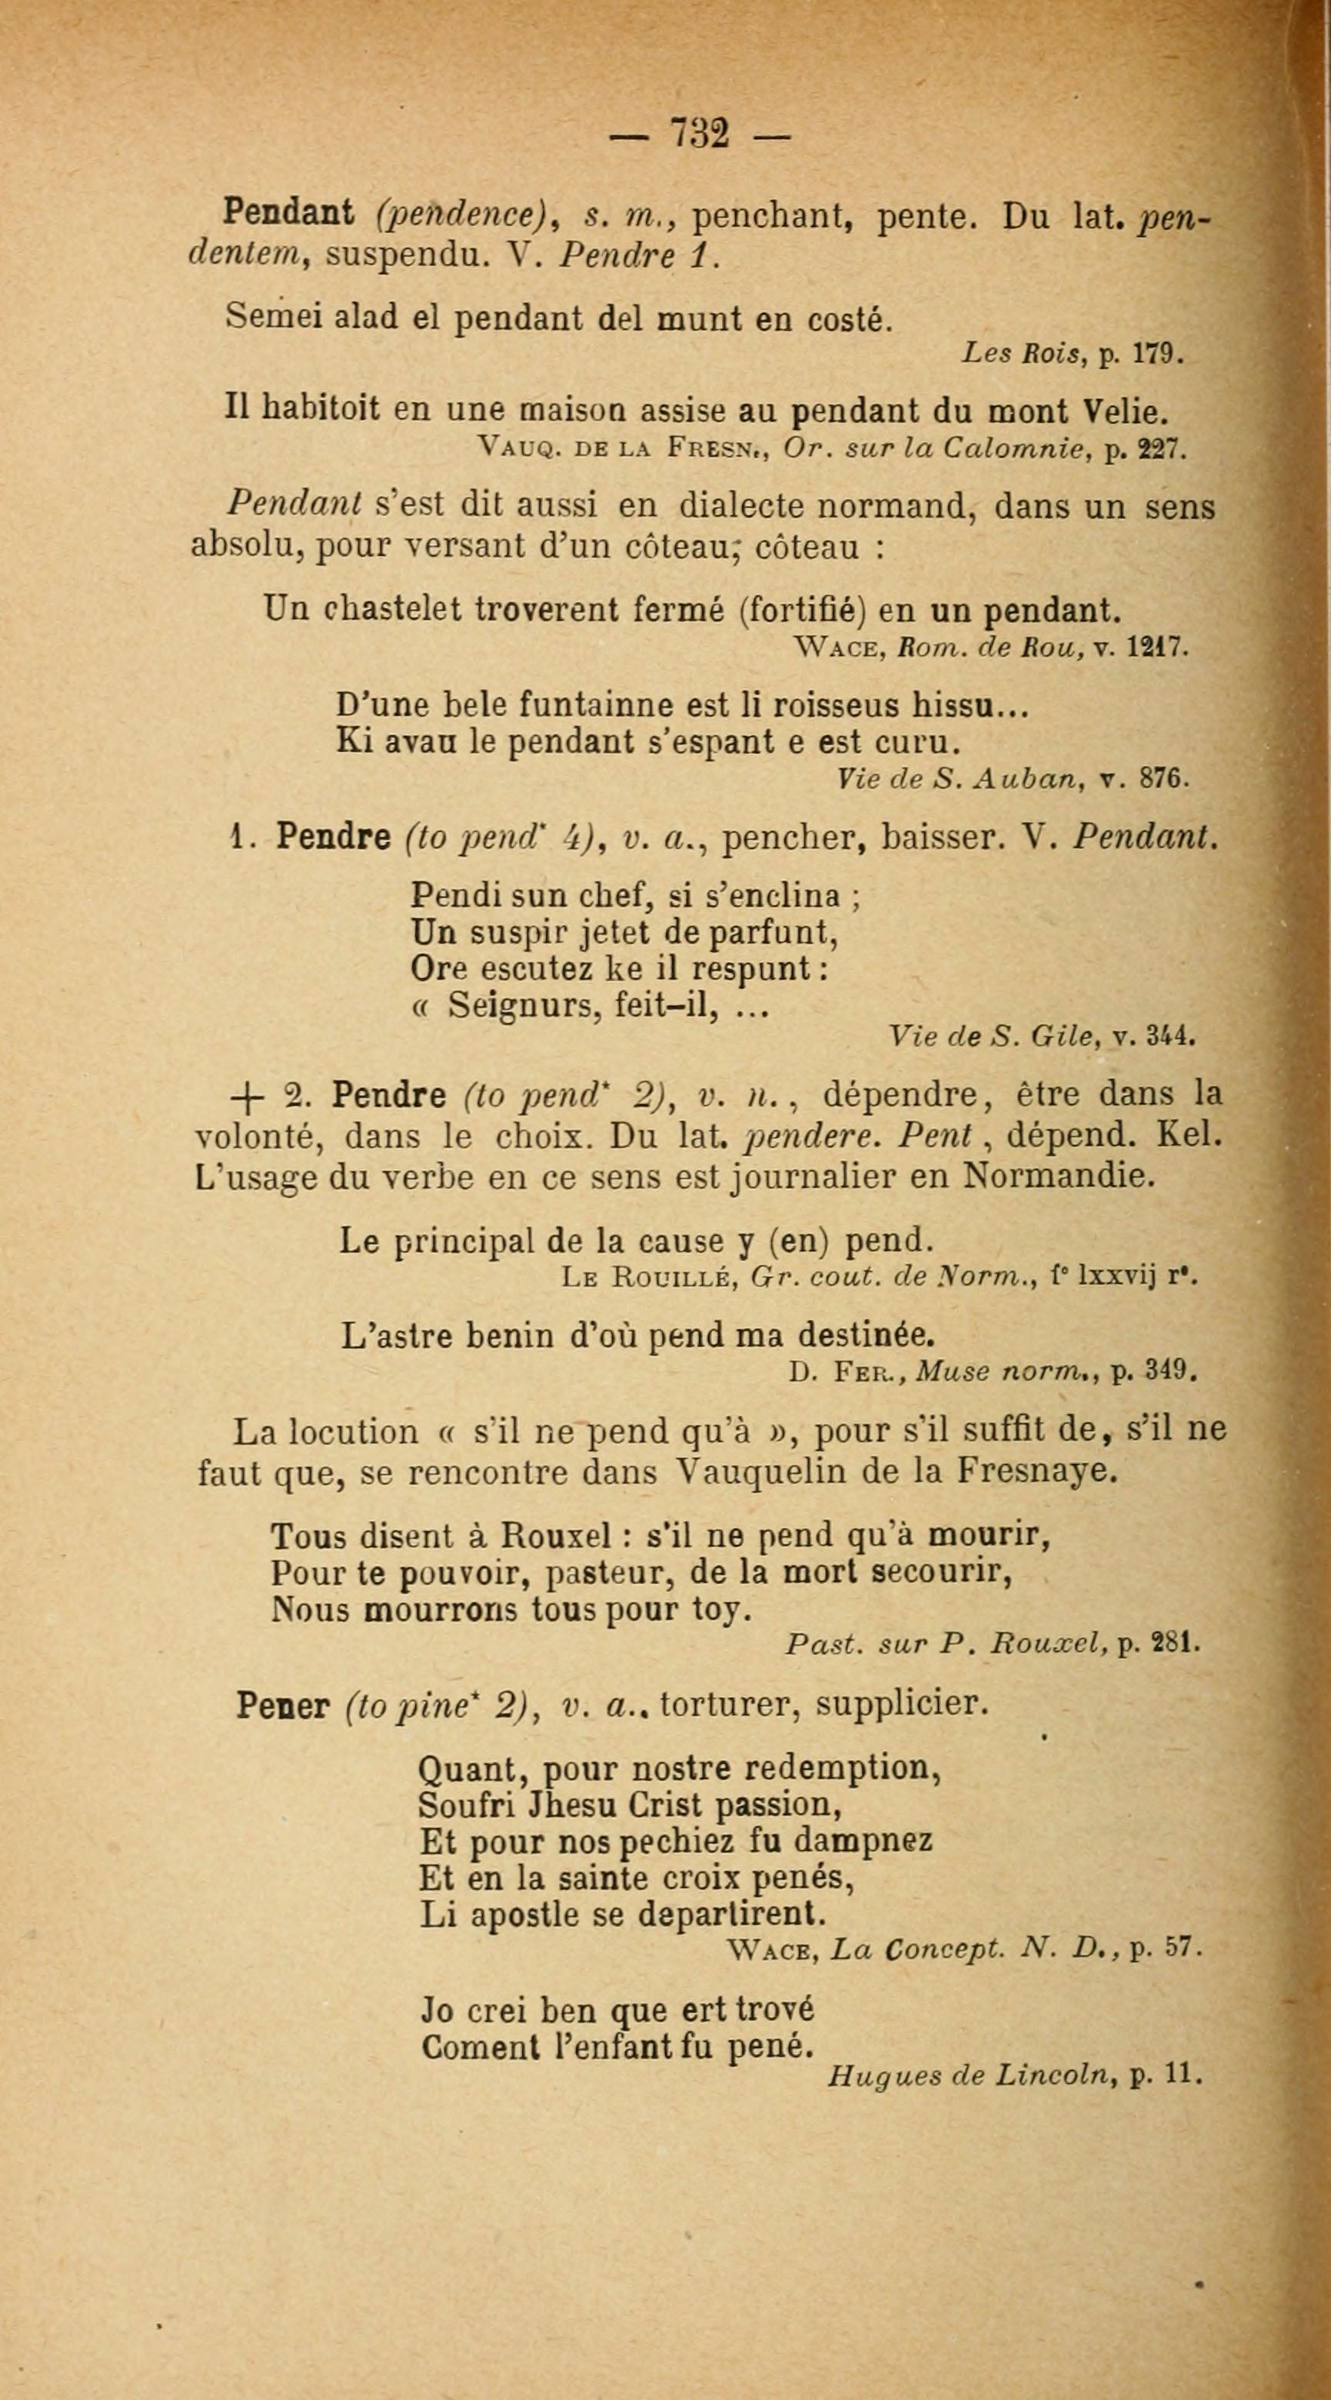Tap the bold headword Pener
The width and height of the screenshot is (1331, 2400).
283,1705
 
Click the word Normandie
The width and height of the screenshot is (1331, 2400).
1060,1177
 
